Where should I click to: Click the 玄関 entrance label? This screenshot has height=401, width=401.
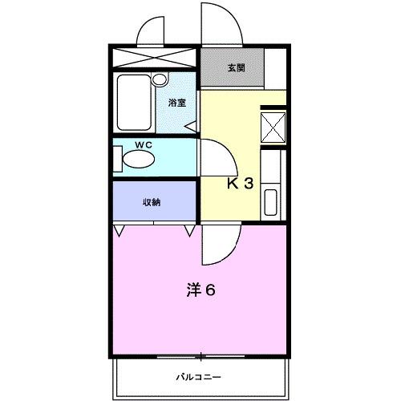pos(236,68)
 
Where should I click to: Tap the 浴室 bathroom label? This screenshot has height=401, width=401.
pos(176,103)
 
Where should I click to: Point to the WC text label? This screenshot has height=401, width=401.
pos(143,145)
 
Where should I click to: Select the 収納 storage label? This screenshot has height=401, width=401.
pos(152,202)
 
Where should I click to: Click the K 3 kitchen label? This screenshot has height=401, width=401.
pos(240,183)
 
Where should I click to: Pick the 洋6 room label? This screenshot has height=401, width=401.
pos(200,290)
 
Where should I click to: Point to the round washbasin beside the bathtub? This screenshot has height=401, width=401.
pos(160,79)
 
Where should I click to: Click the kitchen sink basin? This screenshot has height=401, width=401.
pos(271,203)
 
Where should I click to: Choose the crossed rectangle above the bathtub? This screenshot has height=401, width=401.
pos(152,59)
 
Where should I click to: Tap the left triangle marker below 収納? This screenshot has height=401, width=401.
pos(119,231)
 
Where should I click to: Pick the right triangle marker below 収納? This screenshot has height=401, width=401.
pos(190,231)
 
